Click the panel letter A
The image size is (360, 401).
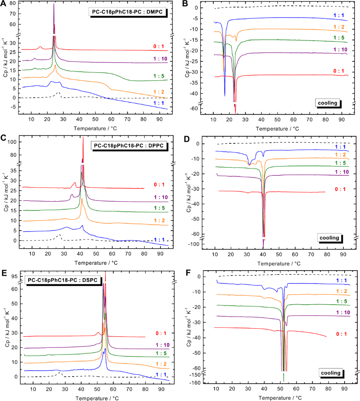pos(4,5)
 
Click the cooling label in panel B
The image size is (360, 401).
pos(327,104)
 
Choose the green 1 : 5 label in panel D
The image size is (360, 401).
pos(339,163)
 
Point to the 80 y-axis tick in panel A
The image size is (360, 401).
pos(14,3)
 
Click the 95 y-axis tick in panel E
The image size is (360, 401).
pos(14,276)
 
